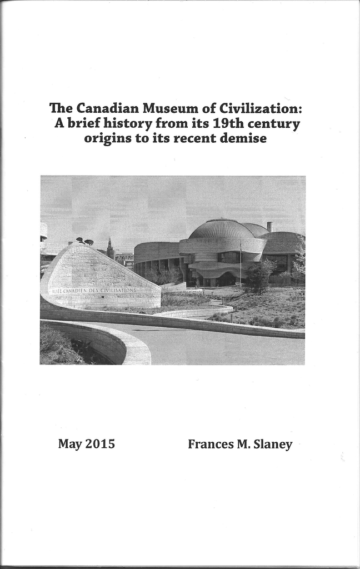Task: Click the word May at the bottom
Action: [70, 445]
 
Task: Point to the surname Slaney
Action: [273, 445]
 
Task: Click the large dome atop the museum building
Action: [222, 229]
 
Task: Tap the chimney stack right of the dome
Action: [269, 226]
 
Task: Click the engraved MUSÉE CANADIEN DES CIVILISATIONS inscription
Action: [94, 290]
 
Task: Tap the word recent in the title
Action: [195, 138]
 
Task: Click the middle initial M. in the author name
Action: [243, 444]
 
